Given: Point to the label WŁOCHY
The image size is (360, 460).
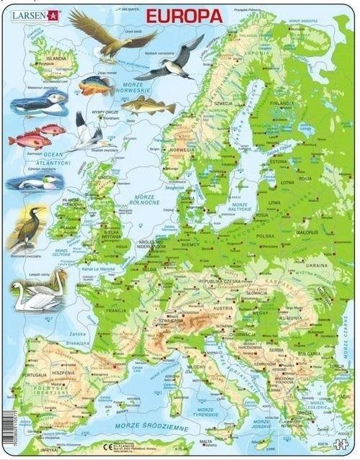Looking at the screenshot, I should pyautogui.click(x=197, y=366).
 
